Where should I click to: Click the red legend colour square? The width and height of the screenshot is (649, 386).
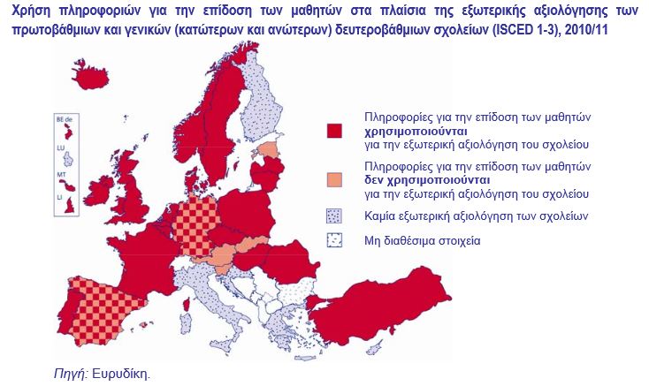[x=335, y=131]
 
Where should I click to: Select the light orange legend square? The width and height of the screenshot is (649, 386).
[x=335, y=180]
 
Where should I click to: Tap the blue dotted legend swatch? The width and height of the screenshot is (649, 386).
[x=335, y=216]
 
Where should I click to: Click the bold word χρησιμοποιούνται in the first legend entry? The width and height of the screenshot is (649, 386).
[x=412, y=129]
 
